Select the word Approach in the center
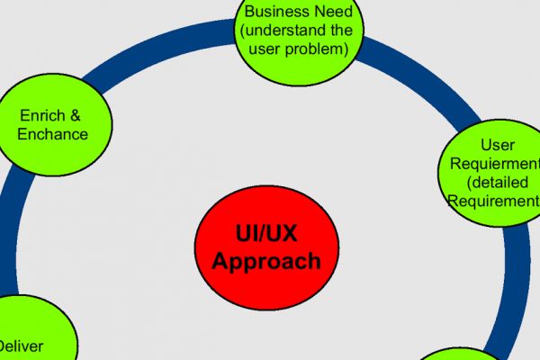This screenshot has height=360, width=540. click(x=258, y=261)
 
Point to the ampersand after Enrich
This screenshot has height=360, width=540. click(x=79, y=116)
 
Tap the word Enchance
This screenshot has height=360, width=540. click(x=53, y=134)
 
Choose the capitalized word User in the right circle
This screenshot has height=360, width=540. click(x=498, y=145)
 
